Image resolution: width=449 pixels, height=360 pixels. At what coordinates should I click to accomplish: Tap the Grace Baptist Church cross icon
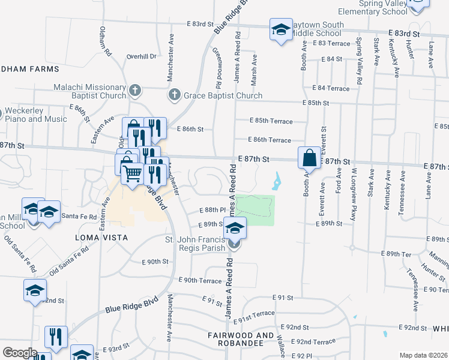(174, 95)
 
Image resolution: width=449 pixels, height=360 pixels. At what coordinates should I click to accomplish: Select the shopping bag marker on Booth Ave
(310, 159)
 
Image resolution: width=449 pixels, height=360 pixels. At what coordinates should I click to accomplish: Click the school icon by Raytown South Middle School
(280, 30)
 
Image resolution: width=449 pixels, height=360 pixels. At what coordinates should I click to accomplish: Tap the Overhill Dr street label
(141, 56)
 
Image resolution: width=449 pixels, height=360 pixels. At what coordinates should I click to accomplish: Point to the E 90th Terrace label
(200, 281)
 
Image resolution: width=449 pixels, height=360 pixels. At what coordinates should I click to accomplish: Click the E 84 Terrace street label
(330, 88)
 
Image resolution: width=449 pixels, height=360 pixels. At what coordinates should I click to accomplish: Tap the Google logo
(19, 353)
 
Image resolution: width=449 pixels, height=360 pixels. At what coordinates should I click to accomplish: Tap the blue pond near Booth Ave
(277, 179)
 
